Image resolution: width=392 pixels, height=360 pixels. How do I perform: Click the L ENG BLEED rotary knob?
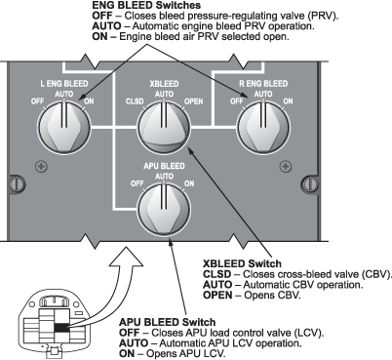[64, 127]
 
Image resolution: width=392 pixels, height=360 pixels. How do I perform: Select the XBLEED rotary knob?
[164, 127]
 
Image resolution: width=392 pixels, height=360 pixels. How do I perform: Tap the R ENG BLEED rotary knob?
[263, 127]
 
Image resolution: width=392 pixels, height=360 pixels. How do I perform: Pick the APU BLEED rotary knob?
[164, 209]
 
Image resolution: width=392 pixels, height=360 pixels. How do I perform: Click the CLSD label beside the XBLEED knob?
[135, 101]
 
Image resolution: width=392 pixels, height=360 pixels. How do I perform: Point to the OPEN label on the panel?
[194, 101]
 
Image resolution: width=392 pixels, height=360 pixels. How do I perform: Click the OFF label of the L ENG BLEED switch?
[37, 101]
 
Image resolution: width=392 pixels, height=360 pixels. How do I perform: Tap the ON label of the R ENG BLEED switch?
[288, 101]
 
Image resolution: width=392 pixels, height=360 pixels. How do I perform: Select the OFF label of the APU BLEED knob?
[137, 183]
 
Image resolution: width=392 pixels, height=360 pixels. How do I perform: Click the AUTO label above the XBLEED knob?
[164, 94]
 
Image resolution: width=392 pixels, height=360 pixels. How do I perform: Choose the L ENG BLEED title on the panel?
[64, 84]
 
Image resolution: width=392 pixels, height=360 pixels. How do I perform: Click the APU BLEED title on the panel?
[164, 166]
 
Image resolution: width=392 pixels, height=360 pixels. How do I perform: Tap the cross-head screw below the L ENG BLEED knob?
[41, 167]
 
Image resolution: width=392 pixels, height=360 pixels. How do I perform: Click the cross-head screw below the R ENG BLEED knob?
[286, 167]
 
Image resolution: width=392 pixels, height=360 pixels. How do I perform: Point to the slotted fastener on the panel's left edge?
[17, 183]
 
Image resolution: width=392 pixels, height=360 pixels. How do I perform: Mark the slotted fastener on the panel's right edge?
[310, 184]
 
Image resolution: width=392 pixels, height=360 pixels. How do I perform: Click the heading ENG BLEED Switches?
[146, 5]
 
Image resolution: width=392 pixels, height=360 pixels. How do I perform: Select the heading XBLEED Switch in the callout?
[242, 263]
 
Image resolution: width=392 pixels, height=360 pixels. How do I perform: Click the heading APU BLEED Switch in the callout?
[168, 322]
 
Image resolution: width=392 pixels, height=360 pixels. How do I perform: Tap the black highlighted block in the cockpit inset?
[61, 328]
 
